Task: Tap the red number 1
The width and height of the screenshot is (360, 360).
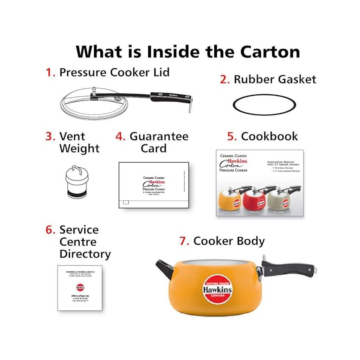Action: [50, 72]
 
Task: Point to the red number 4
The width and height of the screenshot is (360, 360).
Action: [120, 137]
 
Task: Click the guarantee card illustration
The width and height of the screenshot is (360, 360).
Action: [153, 185]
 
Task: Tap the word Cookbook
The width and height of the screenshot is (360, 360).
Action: [269, 136]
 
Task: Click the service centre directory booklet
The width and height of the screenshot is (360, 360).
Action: [80, 288]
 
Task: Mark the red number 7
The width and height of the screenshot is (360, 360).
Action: [183, 241]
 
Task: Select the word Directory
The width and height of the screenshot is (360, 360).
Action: [85, 254]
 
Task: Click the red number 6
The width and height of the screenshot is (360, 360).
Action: [50, 230]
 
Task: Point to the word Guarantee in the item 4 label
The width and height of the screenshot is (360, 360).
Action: [159, 136]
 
